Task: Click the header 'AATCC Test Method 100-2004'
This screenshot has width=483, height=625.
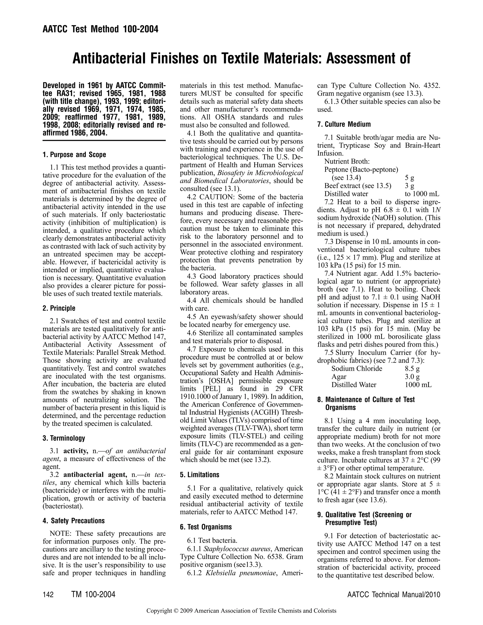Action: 100,29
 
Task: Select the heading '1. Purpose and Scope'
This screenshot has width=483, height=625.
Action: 74,155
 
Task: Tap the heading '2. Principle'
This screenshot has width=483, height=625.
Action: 59,308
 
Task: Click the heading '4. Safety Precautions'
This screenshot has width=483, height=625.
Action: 74,521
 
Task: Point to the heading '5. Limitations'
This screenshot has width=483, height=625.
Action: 200,475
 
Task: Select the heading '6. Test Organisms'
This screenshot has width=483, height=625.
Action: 206,527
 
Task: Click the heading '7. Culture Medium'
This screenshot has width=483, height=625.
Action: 344,125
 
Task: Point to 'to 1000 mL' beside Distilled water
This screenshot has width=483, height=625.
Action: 422,194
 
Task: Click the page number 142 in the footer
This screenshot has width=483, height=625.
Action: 48,595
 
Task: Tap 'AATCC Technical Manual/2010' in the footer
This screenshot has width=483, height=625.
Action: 393,595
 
